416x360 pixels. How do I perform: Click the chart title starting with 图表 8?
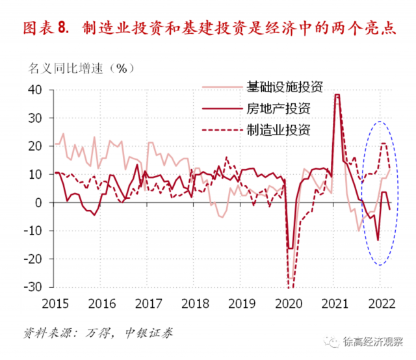[x=208, y=28]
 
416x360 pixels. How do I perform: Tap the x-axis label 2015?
[x=57, y=303]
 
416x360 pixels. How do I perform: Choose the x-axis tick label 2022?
[x=380, y=303]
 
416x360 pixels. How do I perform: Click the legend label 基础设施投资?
[x=284, y=87]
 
